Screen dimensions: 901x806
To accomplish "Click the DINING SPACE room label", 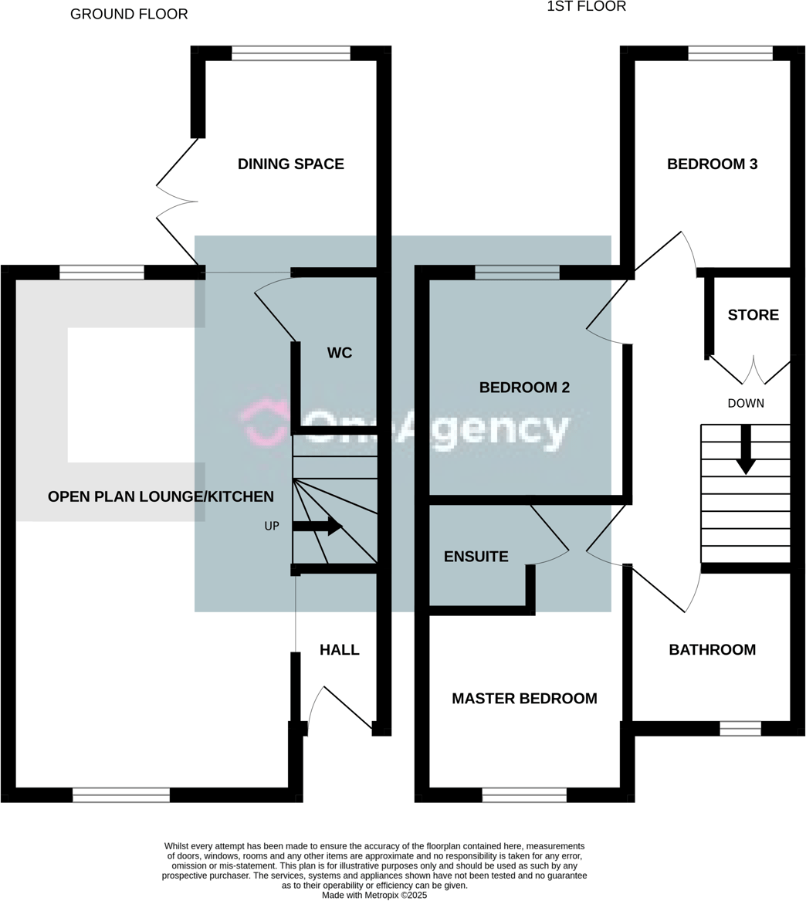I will click(290, 164).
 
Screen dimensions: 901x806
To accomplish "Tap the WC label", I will click(340, 353).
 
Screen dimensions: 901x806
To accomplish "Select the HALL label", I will click(340, 650).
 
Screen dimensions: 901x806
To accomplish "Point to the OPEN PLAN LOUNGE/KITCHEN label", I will click(161, 496).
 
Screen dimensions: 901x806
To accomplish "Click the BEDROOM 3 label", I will click(712, 164).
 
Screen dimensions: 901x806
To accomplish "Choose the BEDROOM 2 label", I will click(524, 388).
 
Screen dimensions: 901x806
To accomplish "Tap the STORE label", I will click(754, 315).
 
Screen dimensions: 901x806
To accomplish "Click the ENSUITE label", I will click(476, 557).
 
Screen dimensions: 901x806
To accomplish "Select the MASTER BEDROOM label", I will click(524, 699).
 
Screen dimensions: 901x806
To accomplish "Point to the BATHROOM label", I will click(712, 650).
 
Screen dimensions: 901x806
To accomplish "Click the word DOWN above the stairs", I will click(746, 404).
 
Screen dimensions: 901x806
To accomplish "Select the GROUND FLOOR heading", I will click(129, 14).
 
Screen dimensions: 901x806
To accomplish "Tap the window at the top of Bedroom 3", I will click(730, 53).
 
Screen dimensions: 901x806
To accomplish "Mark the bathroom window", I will click(740, 728).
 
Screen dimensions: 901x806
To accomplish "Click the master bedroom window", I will click(524, 795).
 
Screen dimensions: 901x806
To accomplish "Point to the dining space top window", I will click(290, 53).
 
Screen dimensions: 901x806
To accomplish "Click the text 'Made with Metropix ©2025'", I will click(374, 896).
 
